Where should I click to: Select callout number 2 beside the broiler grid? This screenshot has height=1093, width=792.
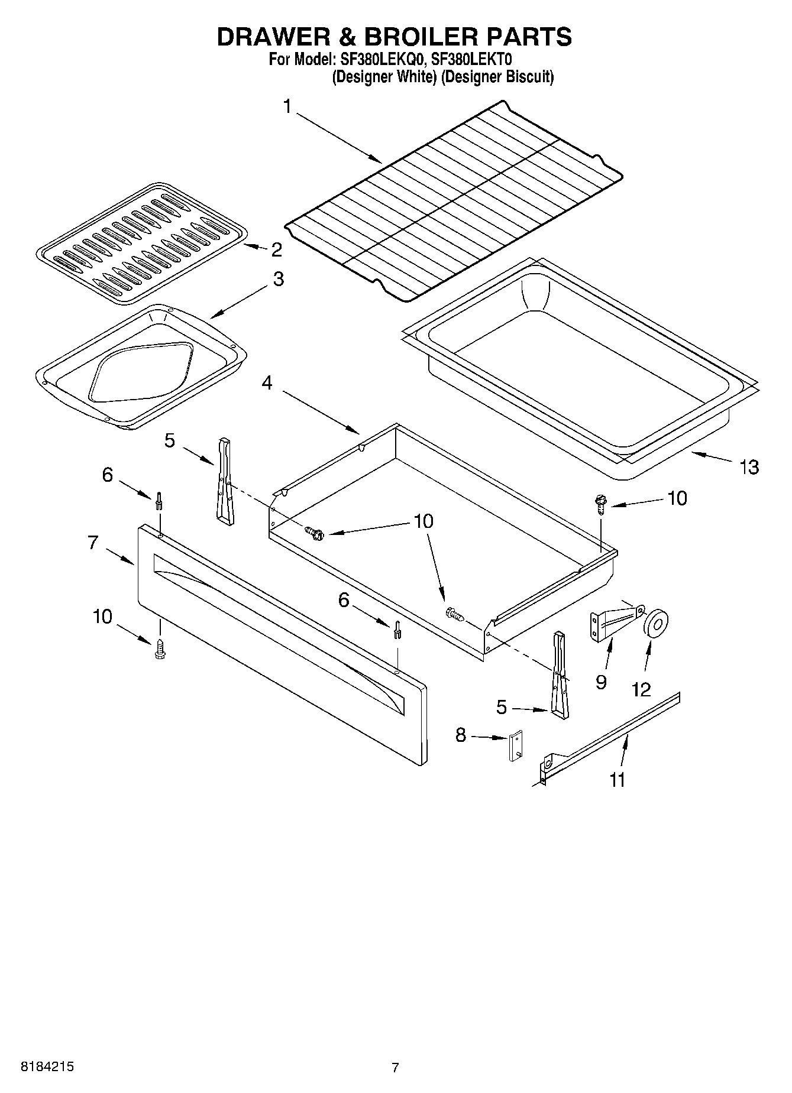[x=276, y=249]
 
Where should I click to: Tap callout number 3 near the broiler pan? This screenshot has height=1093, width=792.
[x=278, y=279]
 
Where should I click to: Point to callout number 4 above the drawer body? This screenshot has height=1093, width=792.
[x=267, y=383]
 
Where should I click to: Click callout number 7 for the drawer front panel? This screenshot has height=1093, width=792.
[x=93, y=543]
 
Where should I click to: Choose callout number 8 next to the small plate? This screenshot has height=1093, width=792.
[x=461, y=735]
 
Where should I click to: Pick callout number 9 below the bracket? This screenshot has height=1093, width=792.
[x=601, y=682]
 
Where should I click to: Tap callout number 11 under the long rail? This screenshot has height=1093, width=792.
[x=617, y=780]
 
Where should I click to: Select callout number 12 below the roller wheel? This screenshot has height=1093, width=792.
[x=641, y=689]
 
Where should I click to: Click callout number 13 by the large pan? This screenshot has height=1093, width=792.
[x=749, y=467]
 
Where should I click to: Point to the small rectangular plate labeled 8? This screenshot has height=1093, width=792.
[x=516, y=747]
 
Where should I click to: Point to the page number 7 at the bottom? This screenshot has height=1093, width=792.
[x=395, y=1067]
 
